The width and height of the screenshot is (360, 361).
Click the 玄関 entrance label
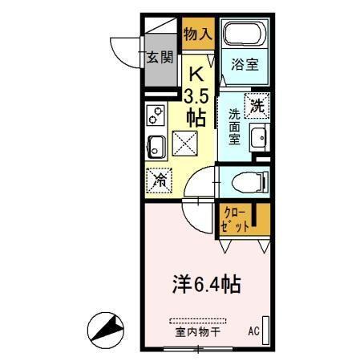coord(160,57)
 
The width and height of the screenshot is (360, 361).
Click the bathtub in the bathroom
coord(245,34)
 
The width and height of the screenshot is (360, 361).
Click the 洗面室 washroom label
coord(234,126)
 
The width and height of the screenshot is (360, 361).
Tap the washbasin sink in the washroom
coord(258,138)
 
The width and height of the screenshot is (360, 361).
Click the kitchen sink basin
coord(157,147)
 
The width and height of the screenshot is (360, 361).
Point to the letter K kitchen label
coord(195,75)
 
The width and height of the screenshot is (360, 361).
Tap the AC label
coord(253,331)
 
